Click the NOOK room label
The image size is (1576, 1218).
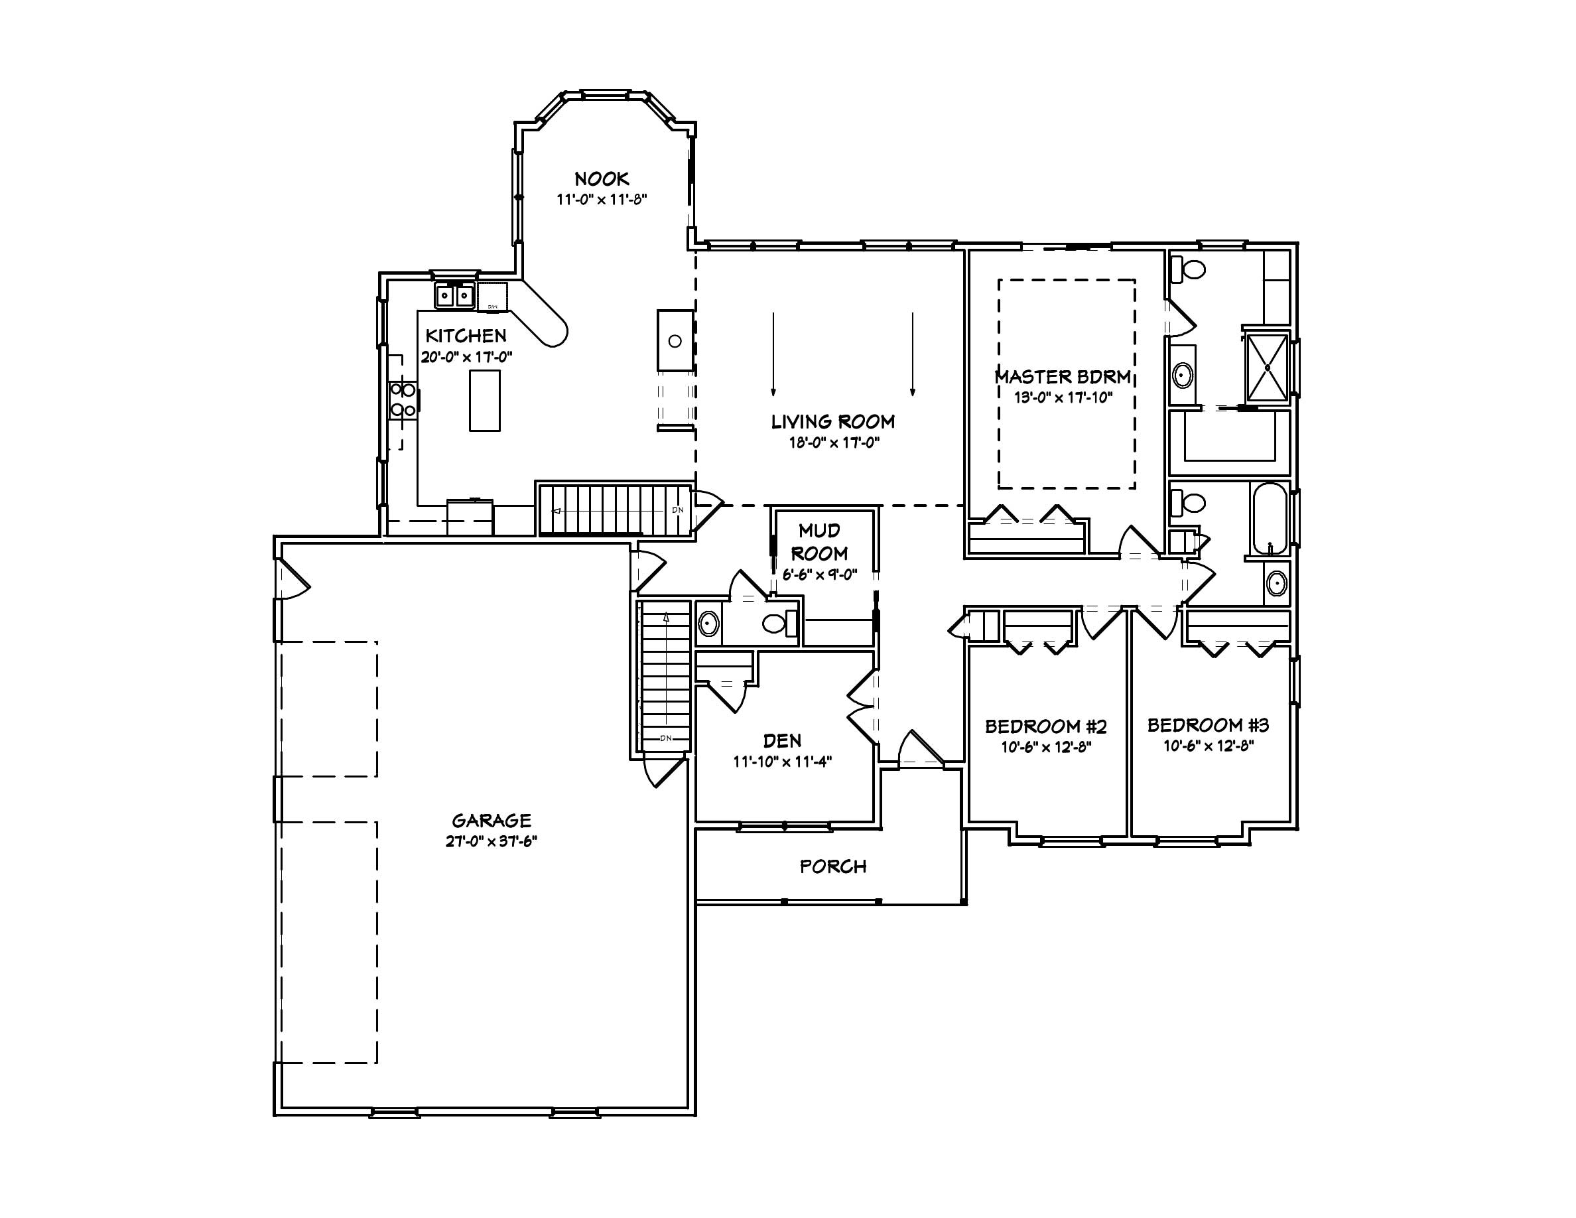601,178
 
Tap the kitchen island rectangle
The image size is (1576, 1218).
484,401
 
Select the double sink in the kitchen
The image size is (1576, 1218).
454,296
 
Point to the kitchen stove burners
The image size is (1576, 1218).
403,401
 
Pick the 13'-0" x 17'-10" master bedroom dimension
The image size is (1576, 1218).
1063,397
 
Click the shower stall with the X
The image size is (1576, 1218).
1268,368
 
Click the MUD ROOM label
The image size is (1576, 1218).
819,542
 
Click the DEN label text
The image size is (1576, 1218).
782,740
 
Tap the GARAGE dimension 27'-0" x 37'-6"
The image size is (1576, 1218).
492,841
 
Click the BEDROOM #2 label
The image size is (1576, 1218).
1045,726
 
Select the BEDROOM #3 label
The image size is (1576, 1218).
1208,724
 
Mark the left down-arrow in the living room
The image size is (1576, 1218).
773,354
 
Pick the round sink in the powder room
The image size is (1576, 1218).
708,624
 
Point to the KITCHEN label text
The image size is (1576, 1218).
466,336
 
